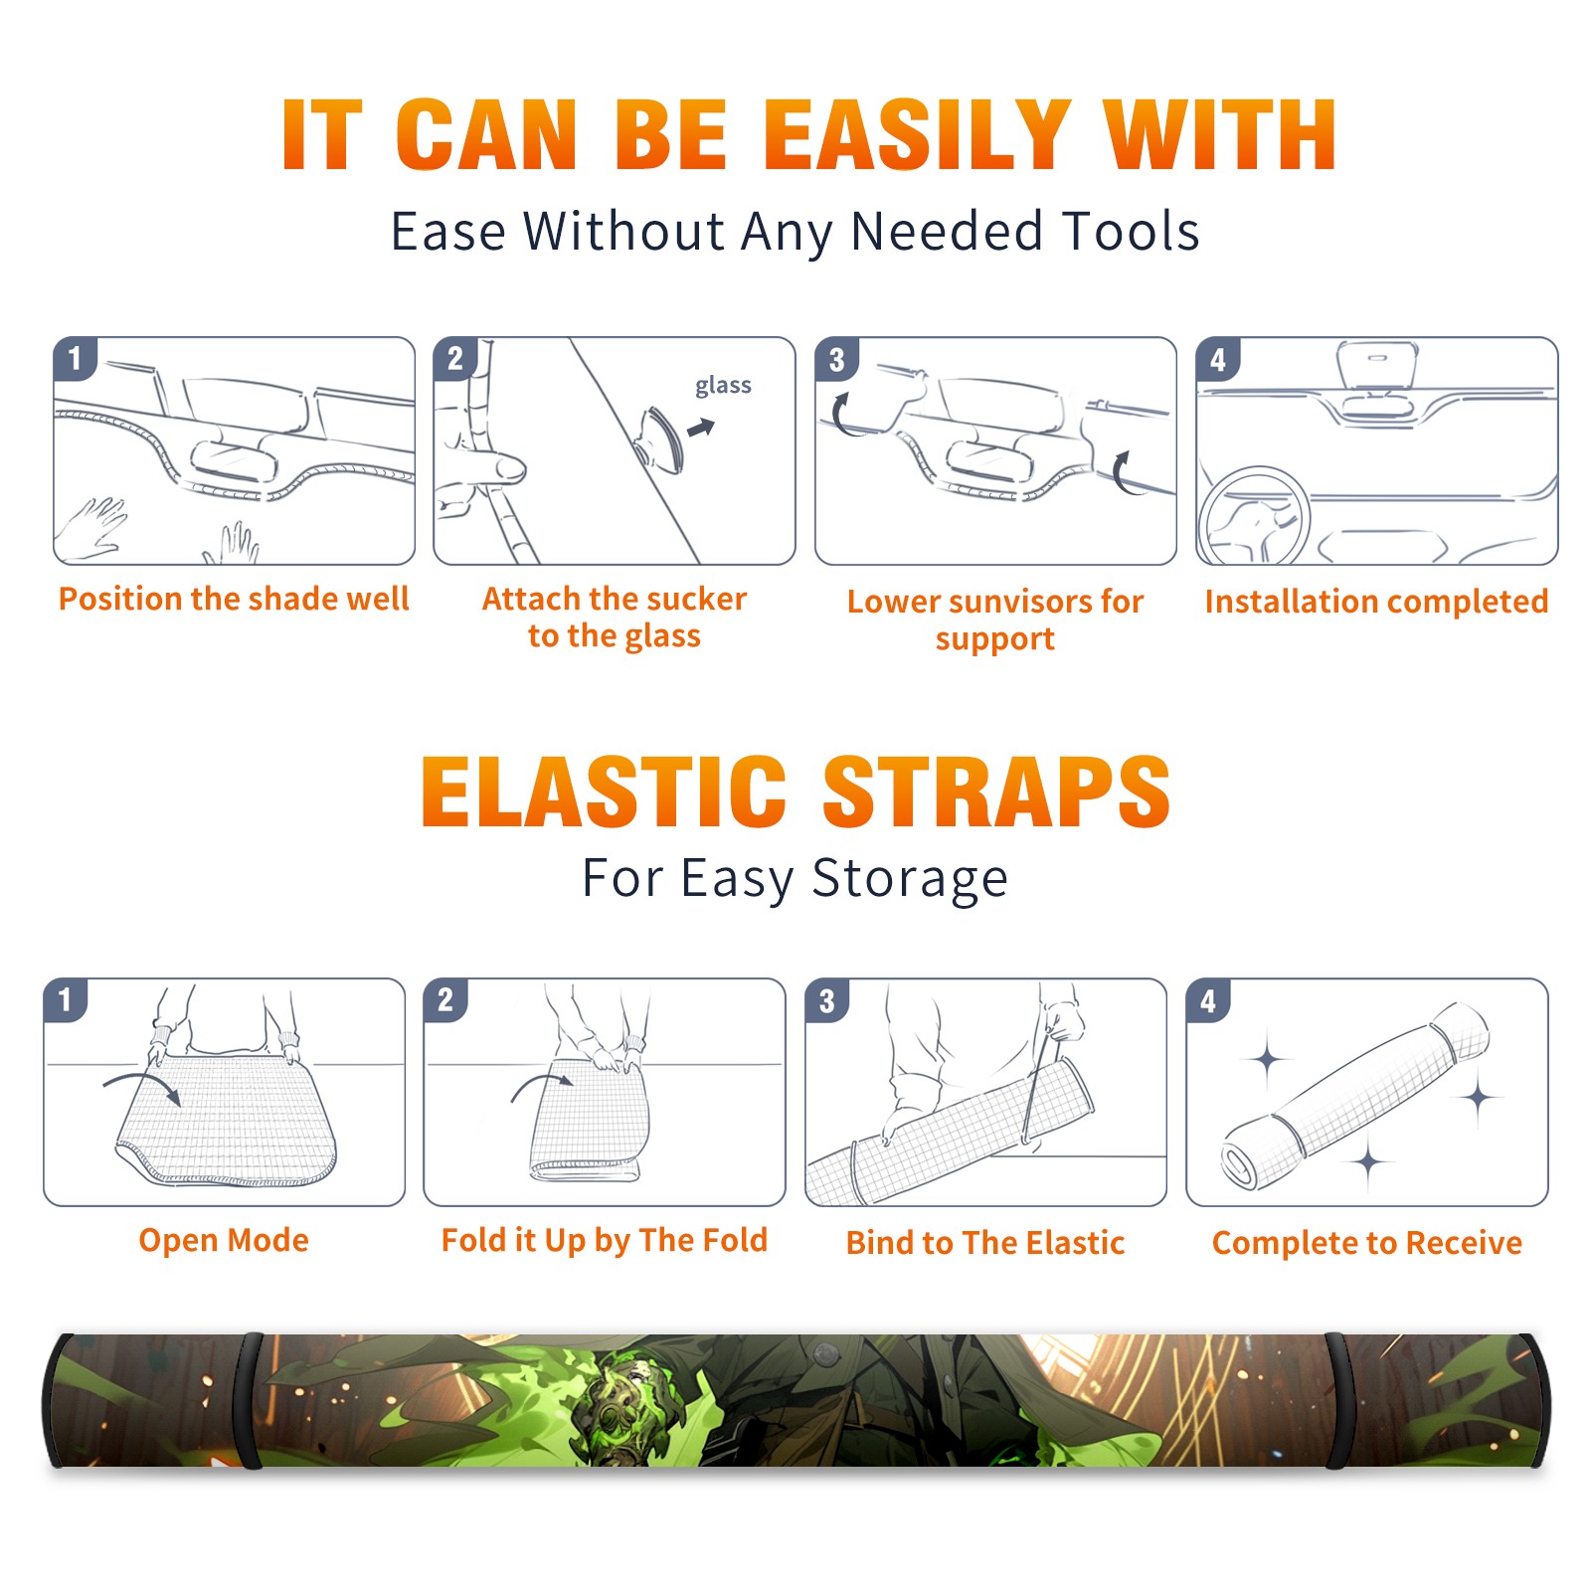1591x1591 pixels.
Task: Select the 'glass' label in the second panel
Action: pos(723,386)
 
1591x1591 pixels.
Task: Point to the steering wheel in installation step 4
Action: pos(1253,515)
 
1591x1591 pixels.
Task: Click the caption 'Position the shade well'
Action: pos(234,599)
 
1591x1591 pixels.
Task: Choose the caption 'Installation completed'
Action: pos(1376,601)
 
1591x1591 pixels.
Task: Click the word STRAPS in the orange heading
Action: pos(996,792)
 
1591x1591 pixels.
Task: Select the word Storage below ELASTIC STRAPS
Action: pos(910,879)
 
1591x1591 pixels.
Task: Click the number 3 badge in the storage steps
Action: pos(827,1000)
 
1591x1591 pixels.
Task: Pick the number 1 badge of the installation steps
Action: pos(75,358)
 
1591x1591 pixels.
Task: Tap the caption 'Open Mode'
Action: pos(224,1240)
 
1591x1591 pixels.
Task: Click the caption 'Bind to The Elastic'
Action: pos(985,1243)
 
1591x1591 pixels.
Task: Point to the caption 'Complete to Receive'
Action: pos(1367,1243)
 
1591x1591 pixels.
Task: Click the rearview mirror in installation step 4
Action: pos(1377,364)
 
